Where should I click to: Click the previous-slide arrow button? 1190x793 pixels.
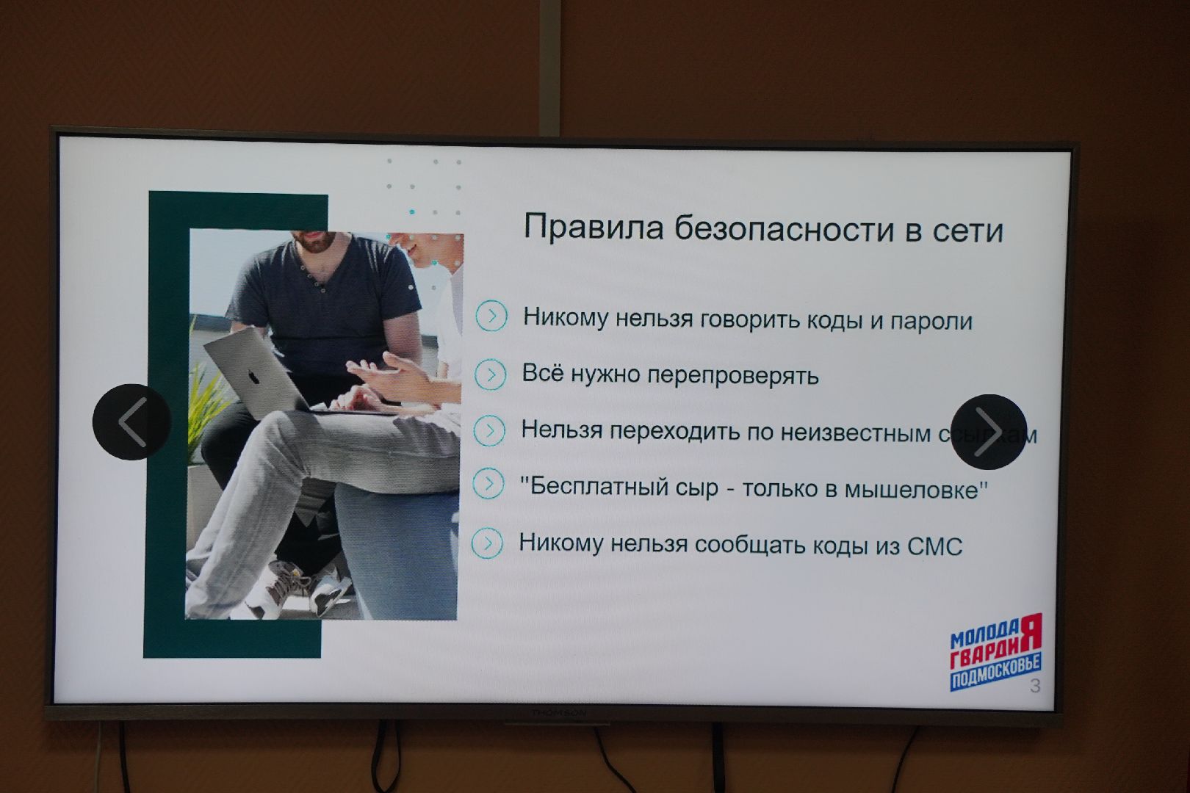132,422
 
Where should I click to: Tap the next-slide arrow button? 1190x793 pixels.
988,432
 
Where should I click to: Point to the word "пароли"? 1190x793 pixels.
931,322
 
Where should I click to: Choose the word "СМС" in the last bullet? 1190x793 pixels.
934,546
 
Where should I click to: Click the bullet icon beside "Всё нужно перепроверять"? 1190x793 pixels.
490,374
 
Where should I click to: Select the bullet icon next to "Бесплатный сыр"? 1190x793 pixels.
488,485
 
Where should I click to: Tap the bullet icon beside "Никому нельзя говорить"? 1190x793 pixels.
491,316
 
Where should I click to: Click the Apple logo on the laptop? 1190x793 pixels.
254,377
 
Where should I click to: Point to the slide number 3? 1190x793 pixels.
1035,687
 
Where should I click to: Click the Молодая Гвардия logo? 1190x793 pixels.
995,652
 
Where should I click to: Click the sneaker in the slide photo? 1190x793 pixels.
294,584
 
